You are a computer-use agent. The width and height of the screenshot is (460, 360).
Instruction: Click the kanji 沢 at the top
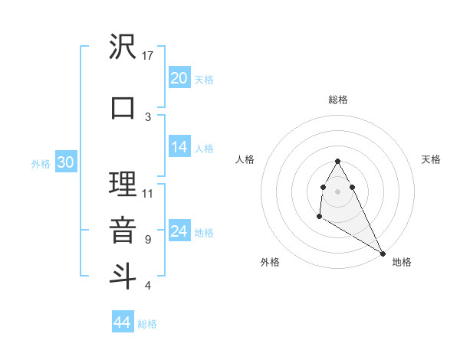(123, 47)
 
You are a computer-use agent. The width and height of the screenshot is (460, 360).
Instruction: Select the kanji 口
(123, 107)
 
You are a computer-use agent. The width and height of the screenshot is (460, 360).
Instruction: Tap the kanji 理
(123, 185)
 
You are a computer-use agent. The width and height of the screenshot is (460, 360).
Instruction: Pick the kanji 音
(123, 229)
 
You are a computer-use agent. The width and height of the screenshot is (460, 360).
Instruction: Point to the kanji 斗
(123, 274)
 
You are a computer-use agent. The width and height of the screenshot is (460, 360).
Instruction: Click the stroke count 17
(149, 55)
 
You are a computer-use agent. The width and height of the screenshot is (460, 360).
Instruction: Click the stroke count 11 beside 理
(149, 193)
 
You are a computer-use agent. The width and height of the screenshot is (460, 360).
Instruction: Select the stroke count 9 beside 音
(147, 239)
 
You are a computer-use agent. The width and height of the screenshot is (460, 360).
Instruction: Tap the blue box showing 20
(179, 77)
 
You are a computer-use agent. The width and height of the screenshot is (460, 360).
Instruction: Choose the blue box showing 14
(179, 147)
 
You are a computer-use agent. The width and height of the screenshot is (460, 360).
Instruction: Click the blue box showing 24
(179, 231)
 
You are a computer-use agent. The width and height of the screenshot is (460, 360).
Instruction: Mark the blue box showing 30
(65, 162)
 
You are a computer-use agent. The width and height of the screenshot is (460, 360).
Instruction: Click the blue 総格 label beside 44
(147, 324)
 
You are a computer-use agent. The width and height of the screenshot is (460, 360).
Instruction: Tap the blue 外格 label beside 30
(41, 164)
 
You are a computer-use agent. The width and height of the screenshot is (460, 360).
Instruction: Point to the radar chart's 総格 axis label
(337, 100)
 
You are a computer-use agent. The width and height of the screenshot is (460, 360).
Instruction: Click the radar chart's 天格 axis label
(431, 159)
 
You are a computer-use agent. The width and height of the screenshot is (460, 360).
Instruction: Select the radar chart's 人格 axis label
(245, 159)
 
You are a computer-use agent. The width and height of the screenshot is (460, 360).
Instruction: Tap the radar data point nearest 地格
(383, 253)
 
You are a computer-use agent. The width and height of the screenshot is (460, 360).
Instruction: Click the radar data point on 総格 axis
(337, 161)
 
